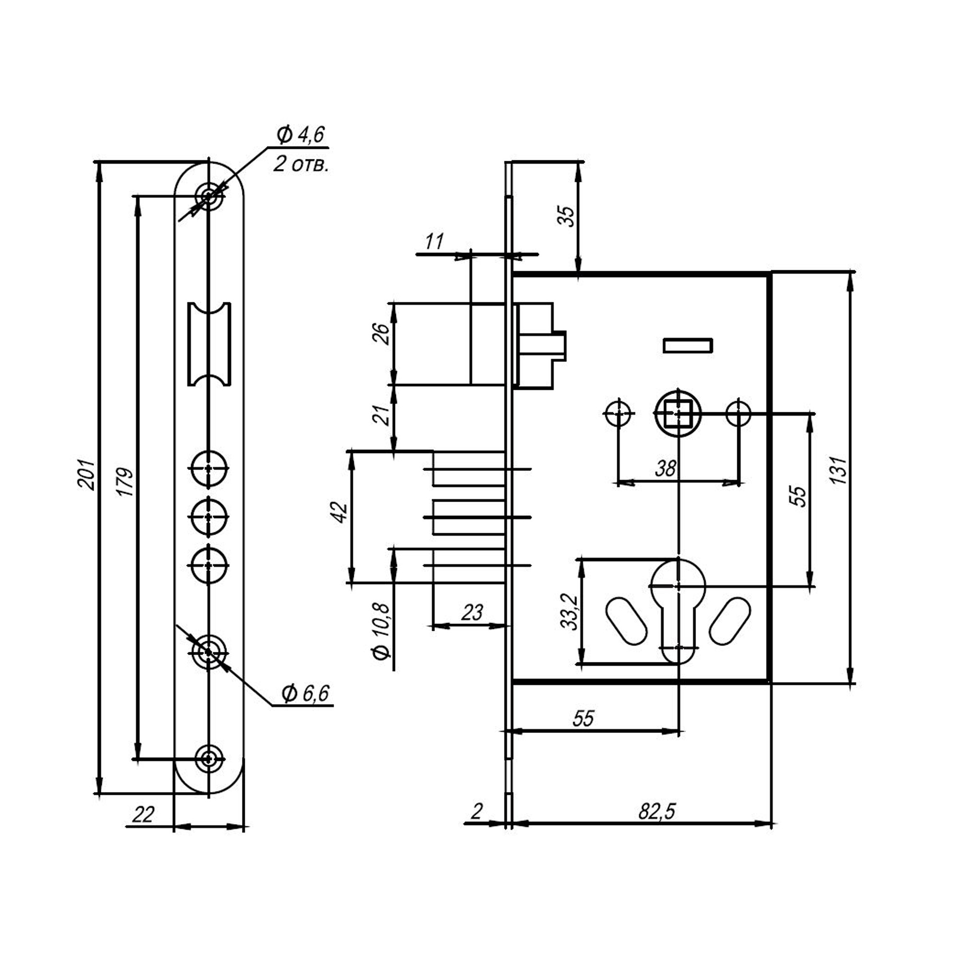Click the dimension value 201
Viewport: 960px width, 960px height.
(x=86, y=475)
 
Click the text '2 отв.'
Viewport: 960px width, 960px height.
(x=300, y=164)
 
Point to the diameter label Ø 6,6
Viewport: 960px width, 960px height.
(x=305, y=693)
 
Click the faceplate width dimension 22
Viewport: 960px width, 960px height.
(x=143, y=814)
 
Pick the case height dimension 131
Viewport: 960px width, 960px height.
(x=838, y=470)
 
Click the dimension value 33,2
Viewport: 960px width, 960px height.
(x=570, y=612)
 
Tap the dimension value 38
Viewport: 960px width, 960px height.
(x=665, y=468)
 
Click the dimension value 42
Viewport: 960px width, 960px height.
(x=339, y=512)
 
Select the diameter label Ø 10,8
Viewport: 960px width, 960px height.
(x=382, y=631)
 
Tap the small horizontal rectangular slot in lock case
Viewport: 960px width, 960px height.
(x=688, y=345)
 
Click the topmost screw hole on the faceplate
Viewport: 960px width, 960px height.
(x=209, y=194)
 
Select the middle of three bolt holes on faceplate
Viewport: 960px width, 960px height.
(x=209, y=517)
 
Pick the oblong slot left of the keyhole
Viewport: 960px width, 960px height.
(x=625, y=621)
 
